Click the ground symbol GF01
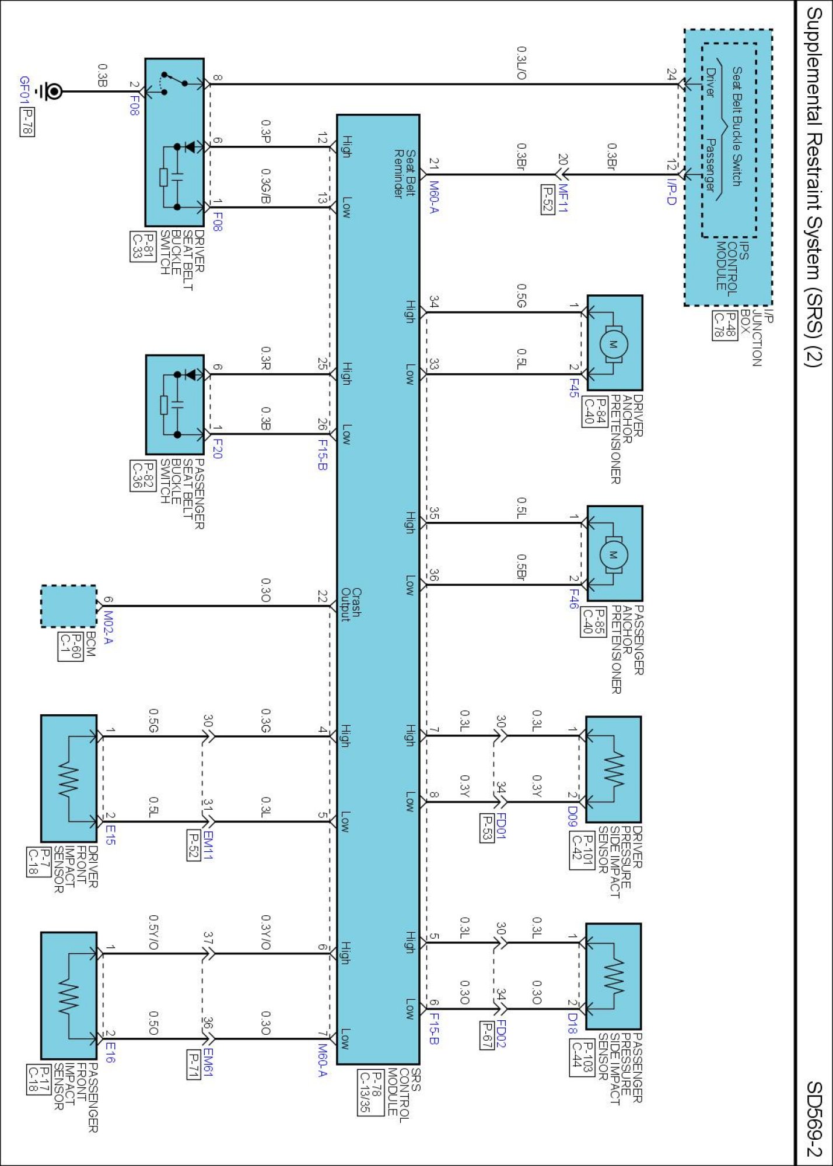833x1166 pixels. [50, 92]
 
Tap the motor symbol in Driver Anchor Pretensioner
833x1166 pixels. [613, 343]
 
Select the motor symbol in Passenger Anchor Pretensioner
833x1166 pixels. [613, 554]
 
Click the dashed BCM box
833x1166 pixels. [69, 606]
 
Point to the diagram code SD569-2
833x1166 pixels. [814, 1119]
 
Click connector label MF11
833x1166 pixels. [562, 199]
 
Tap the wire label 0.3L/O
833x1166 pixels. [521, 64]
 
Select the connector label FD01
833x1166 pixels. [501, 826]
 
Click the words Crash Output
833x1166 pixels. [351, 605]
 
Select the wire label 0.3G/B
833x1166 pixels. [265, 186]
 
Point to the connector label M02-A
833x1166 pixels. [108, 628]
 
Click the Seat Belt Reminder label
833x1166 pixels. [404, 173]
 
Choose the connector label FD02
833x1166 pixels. [501, 1034]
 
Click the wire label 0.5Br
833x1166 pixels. [521, 567]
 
